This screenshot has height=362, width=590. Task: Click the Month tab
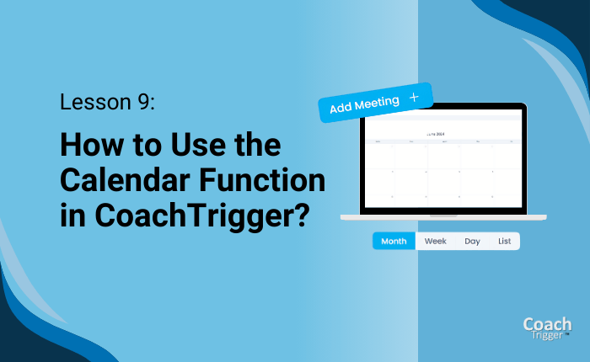coord(394,242)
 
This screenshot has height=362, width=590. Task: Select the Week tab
coord(436,242)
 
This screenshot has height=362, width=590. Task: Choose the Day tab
coord(472,242)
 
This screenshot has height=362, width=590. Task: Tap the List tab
coord(504,242)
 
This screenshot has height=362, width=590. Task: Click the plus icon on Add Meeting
coord(413,98)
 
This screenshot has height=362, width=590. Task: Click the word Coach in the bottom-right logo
coord(547,324)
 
